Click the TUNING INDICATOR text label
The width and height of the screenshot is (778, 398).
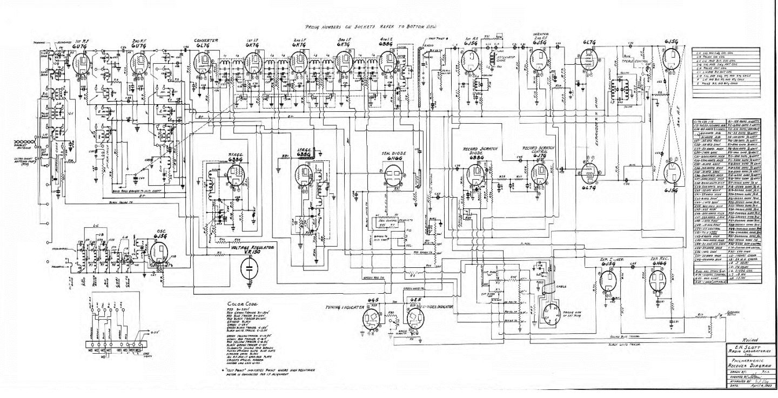pyautogui.click(x=344, y=307)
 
